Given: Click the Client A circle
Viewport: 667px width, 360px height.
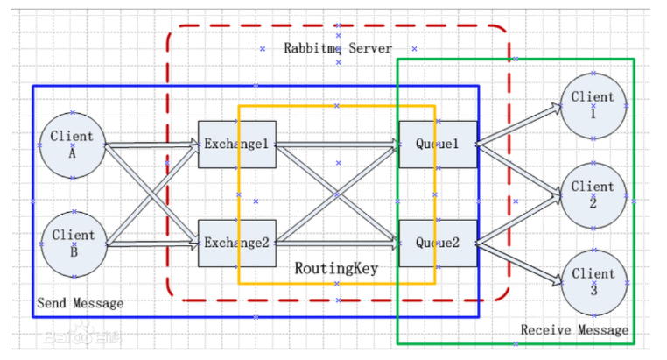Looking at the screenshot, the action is click(x=73, y=145).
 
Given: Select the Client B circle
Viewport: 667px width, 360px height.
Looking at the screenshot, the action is click(x=74, y=244).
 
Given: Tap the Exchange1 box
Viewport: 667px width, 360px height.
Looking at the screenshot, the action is click(x=237, y=145).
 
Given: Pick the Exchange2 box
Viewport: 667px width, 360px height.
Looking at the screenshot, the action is click(x=237, y=244).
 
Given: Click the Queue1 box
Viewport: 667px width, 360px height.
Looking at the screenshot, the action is click(x=438, y=145).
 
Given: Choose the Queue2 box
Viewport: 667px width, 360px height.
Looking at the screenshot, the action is click(x=438, y=244).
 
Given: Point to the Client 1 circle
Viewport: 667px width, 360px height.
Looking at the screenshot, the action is click(x=593, y=106).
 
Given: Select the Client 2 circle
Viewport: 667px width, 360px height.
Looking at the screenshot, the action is click(x=593, y=195).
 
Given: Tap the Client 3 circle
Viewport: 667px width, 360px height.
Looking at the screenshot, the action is click(x=594, y=283).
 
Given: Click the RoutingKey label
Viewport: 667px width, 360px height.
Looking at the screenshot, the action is click(x=336, y=269).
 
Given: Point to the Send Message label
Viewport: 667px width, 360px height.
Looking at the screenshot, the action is click(x=80, y=303).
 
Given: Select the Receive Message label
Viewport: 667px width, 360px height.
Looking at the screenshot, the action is click(x=574, y=330).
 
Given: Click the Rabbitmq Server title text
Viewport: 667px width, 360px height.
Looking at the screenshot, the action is click(x=338, y=48).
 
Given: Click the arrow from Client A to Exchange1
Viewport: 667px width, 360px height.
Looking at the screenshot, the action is click(x=152, y=145).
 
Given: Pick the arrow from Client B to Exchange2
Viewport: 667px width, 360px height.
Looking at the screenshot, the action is click(x=153, y=244).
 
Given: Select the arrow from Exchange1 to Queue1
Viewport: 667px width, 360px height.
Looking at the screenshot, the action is click(x=338, y=145).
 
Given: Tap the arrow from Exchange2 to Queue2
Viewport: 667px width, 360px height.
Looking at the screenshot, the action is click(x=338, y=244).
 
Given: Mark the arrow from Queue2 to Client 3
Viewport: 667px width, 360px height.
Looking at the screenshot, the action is click(x=519, y=264).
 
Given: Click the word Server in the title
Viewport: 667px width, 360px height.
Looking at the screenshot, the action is click(x=370, y=48).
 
